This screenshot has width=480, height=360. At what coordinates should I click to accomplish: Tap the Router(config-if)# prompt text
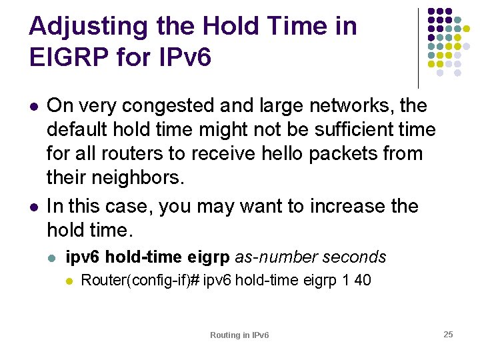tap(140, 281)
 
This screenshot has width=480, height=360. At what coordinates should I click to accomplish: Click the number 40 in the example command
tap(363, 281)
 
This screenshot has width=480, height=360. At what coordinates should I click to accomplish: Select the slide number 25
tap(448, 334)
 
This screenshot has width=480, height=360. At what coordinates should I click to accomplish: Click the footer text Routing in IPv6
tap(239, 335)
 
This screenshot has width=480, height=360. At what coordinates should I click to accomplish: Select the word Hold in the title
tap(229, 27)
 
